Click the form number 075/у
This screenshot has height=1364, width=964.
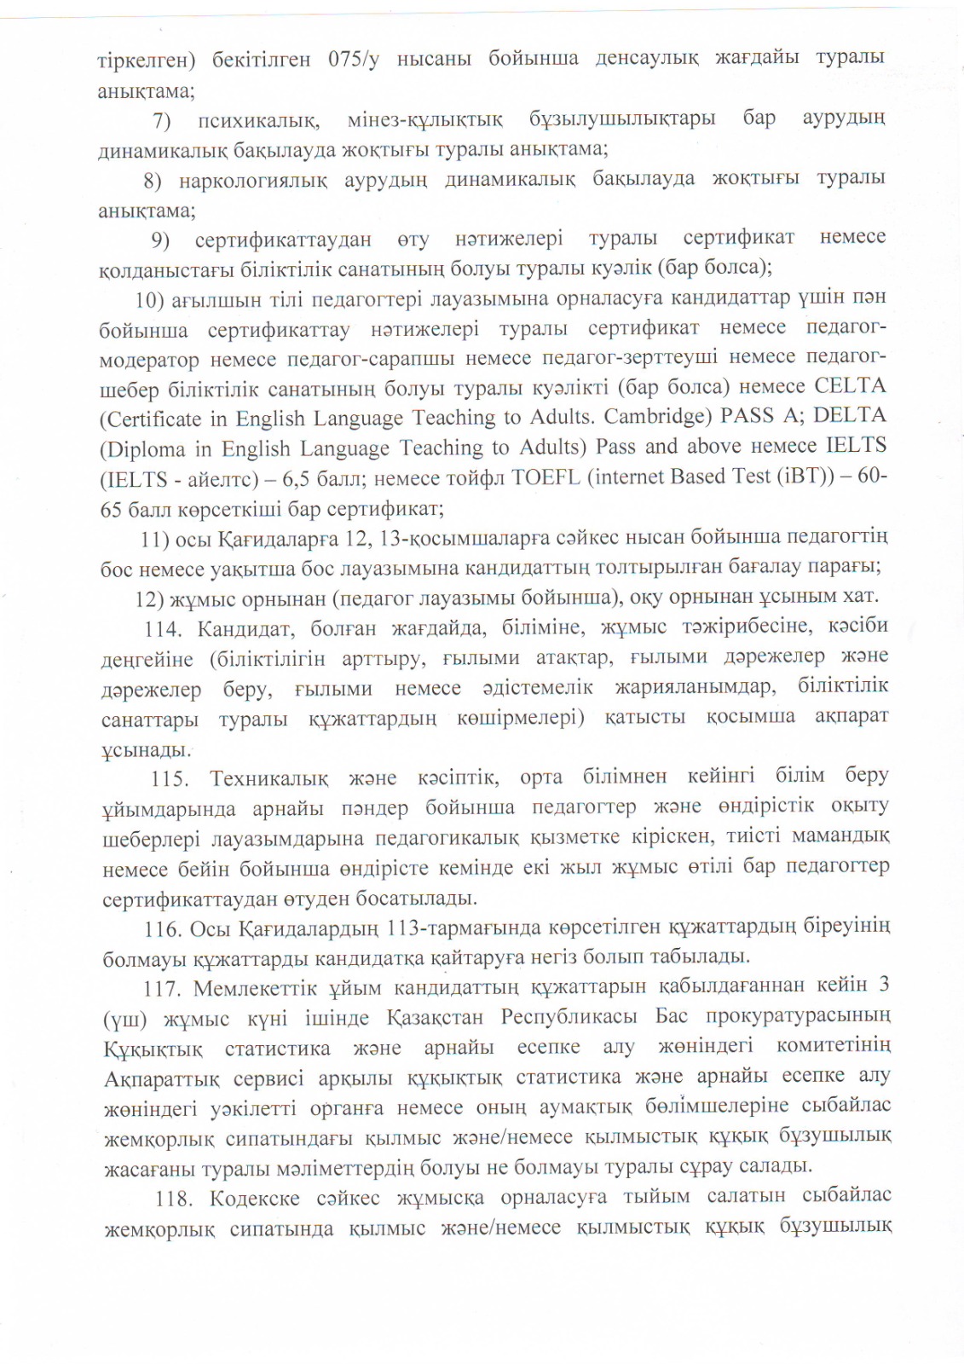(352, 60)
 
